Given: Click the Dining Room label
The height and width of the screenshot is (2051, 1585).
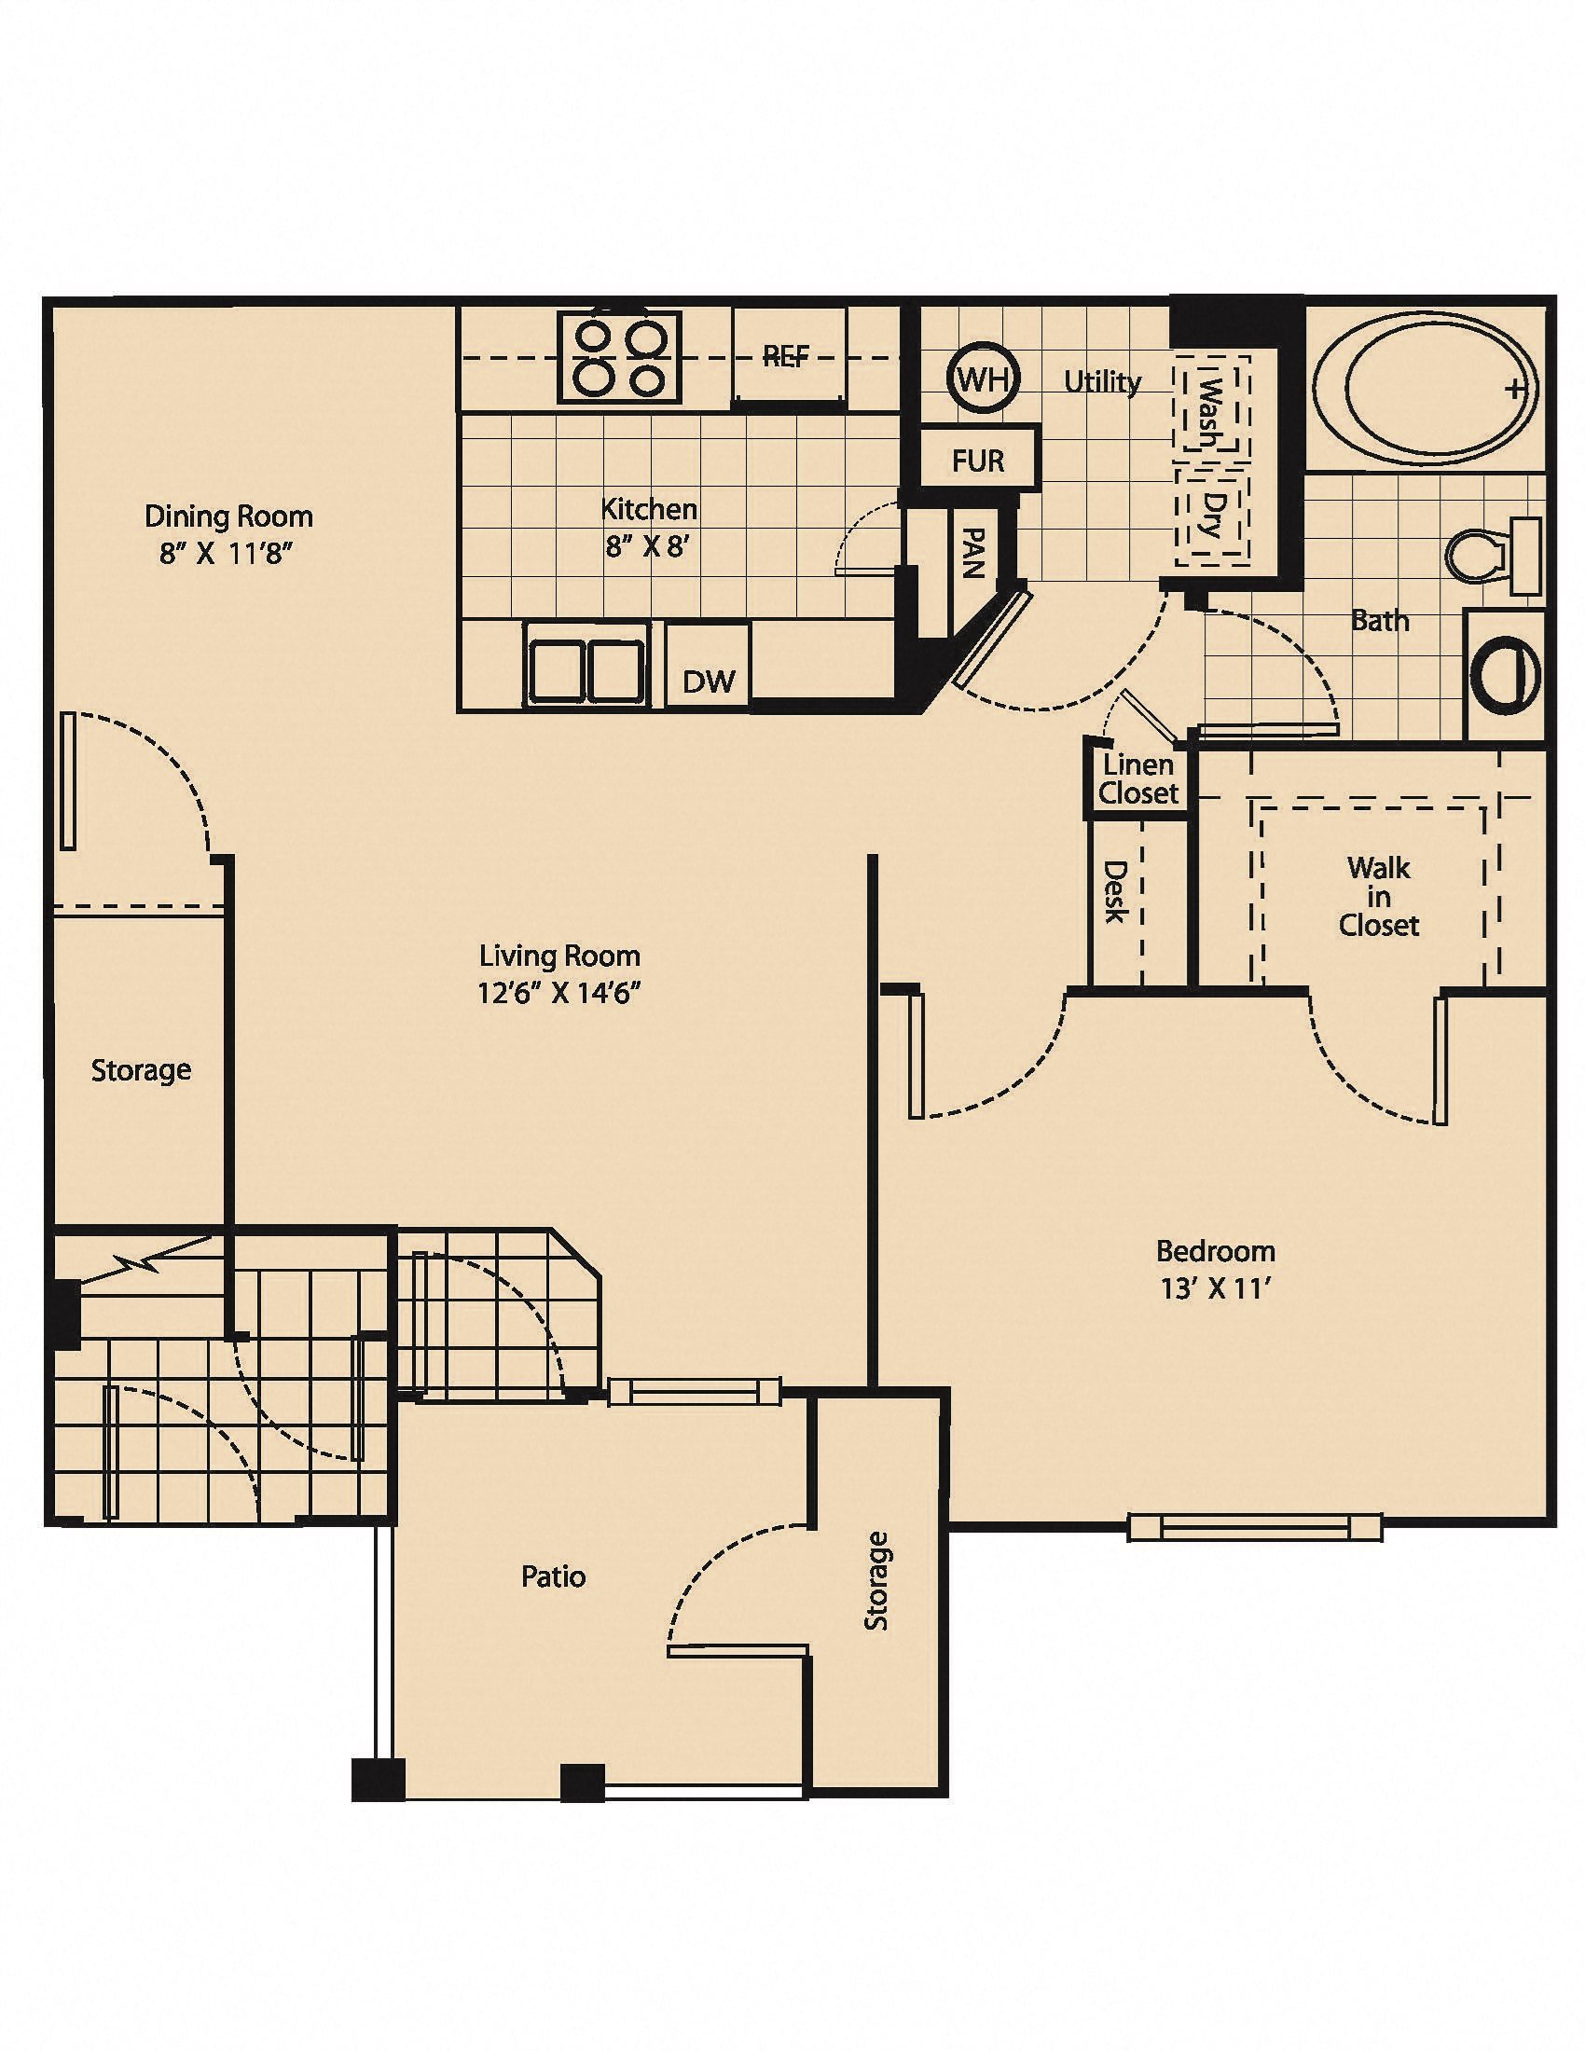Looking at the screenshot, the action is coord(228,516).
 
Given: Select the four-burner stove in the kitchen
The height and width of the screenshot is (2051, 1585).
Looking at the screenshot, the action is coord(619,358).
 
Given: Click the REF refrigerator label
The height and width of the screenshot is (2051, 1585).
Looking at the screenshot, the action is coord(786,355).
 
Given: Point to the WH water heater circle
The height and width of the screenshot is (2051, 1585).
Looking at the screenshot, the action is coord(982,379).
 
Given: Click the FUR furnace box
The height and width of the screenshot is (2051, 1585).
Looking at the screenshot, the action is coord(978,461).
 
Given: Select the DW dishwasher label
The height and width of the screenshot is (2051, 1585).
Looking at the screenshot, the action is coord(709,681).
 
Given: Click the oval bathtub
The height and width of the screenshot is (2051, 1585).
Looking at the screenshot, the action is coord(1425,387).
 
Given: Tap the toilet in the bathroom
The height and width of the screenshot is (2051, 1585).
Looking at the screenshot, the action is coord(1492,555).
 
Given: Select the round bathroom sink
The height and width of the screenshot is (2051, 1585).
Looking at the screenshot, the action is coord(1506,673).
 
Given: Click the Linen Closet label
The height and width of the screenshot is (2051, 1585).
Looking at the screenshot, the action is coord(1138,779).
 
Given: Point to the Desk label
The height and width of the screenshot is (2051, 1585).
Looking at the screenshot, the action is coord(1114,892).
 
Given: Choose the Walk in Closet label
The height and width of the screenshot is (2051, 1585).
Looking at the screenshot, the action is coord(1378,896).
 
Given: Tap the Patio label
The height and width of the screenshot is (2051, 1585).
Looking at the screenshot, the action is coord(553,1576).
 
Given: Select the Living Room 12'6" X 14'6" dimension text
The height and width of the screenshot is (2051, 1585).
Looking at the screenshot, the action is coord(558,993).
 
